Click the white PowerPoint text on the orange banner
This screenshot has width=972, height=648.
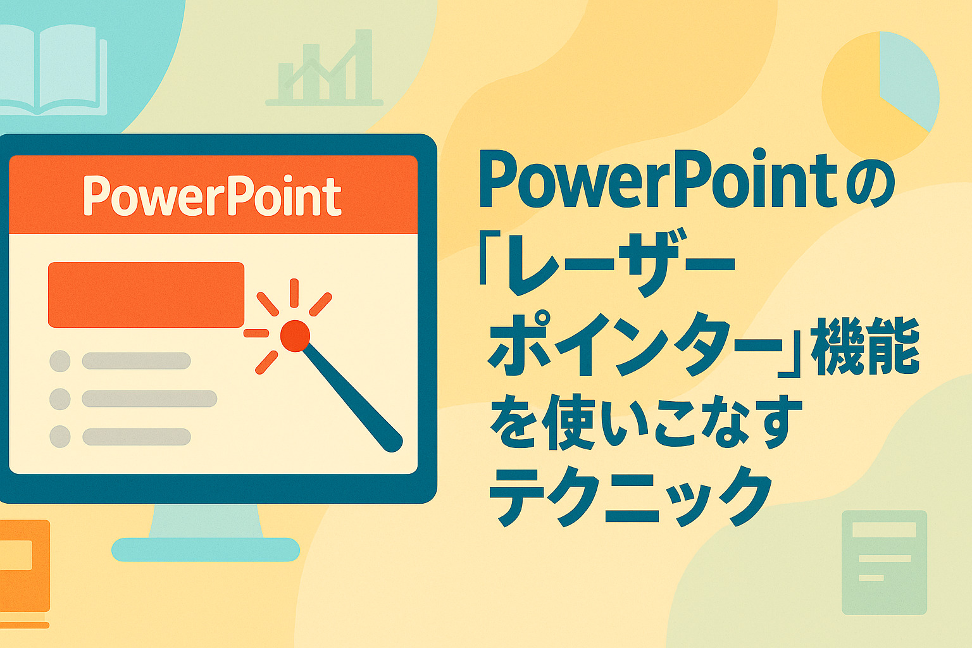tap(212, 196)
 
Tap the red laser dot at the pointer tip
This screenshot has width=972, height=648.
tap(295, 335)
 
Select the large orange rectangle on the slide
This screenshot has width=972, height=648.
tap(146, 295)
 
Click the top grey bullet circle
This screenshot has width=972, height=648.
tap(60, 361)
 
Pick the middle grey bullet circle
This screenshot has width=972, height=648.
tap(60, 399)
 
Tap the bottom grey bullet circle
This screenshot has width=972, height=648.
tap(60, 437)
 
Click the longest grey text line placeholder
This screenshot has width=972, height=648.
tap(150, 399)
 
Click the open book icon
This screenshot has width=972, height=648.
tap(52, 70)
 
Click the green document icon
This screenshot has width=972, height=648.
tap(884, 563)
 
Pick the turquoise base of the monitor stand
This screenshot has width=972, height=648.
tap(206, 549)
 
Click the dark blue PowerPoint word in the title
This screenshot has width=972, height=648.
tap(657, 179)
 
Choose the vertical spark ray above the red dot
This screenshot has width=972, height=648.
tap(294, 293)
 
